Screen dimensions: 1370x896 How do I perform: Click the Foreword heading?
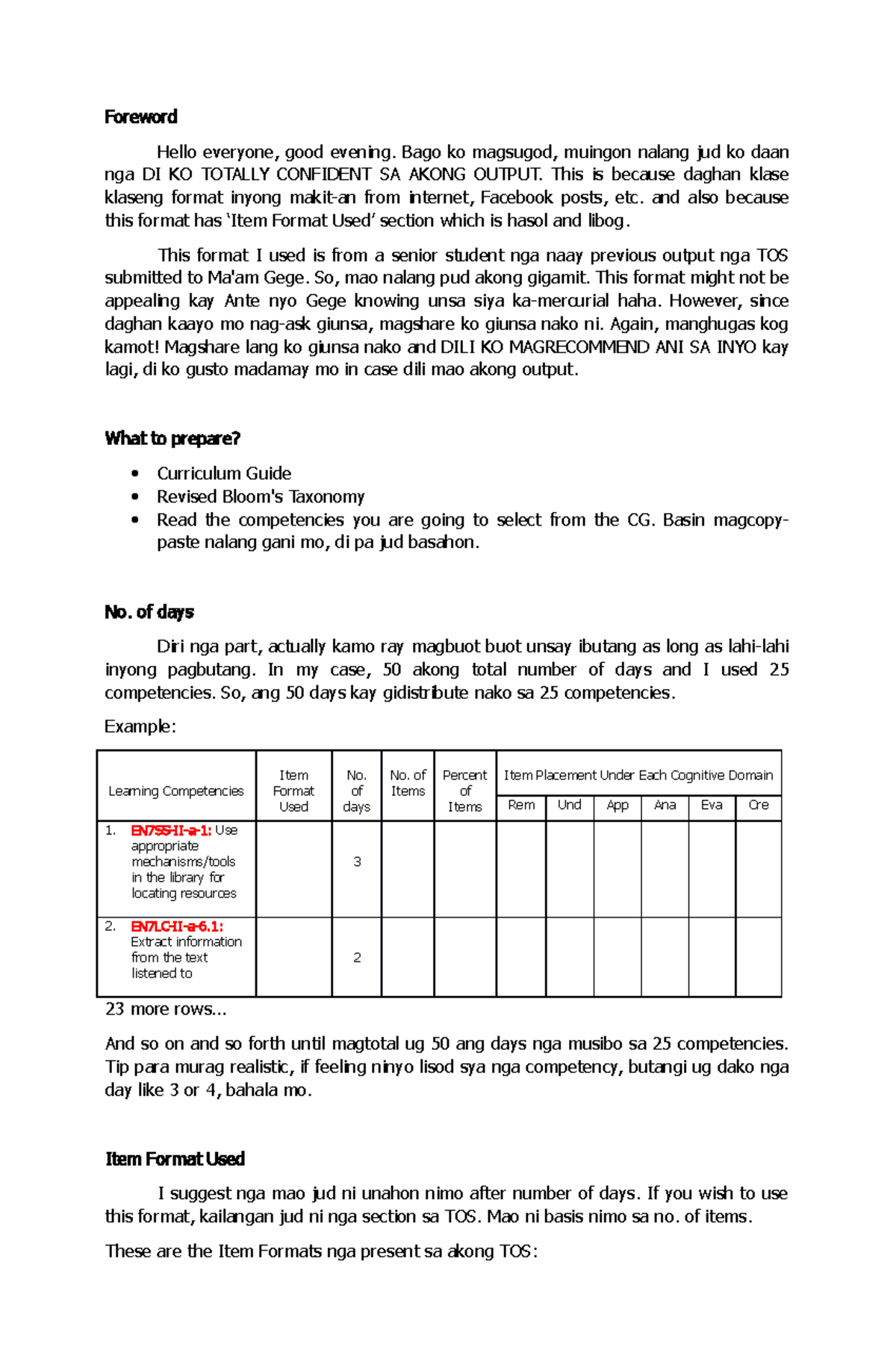click(140, 117)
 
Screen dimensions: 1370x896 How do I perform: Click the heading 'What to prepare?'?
click(172, 438)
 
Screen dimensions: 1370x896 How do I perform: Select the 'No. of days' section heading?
click(149, 612)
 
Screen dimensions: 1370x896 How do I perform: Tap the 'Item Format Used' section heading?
click(175, 1159)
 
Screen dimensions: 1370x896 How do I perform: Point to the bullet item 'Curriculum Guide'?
click(223, 473)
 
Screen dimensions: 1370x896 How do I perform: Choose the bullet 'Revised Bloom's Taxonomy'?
click(261, 496)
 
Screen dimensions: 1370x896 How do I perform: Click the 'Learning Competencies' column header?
click(176, 791)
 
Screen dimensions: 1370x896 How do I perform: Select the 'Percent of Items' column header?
click(464, 791)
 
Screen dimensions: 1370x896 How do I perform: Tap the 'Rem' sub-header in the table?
click(521, 805)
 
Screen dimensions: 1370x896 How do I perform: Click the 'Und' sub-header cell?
click(570, 805)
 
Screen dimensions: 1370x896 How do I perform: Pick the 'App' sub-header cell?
click(617, 805)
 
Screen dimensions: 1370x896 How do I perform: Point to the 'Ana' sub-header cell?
click(665, 805)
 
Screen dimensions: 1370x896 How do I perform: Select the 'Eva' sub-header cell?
click(712, 805)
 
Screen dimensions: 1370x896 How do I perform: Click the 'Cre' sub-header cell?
click(759, 805)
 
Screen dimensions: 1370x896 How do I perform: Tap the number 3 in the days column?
click(357, 862)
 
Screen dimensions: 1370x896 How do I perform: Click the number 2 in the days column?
click(357, 957)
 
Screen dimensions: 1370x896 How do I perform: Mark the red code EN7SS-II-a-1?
click(171, 830)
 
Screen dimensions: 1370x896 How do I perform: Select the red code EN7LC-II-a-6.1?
click(176, 927)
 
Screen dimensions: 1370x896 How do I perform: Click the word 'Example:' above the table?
click(140, 726)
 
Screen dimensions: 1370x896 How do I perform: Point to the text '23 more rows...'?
click(166, 1009)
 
